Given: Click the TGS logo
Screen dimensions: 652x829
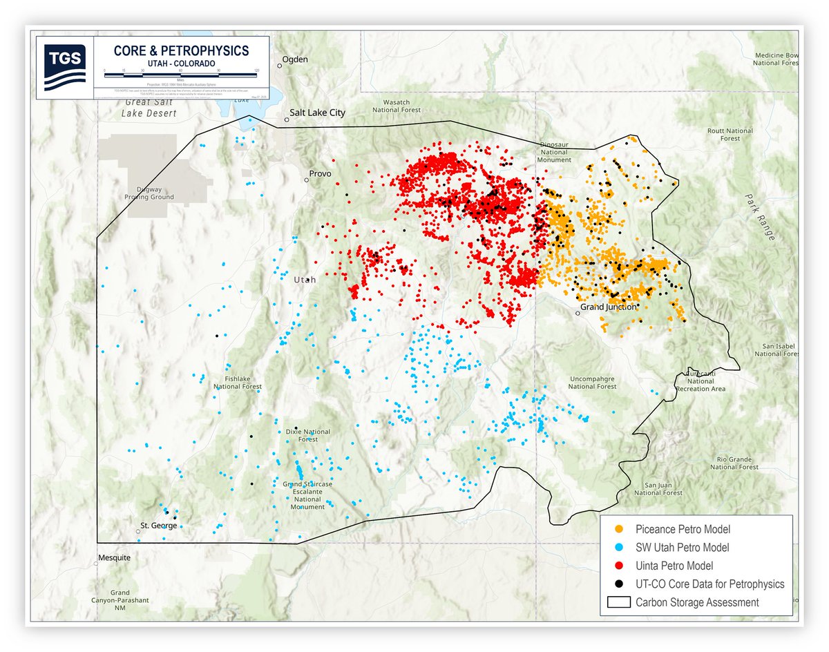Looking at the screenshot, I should click(64, 67).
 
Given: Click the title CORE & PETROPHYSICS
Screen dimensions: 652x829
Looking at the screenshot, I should click(180, 51).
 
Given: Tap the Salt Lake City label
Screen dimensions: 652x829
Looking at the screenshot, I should click(317, 113).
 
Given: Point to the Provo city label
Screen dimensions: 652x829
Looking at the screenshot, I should click(321, 173).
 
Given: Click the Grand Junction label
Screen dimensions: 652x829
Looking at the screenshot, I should click(608, 307).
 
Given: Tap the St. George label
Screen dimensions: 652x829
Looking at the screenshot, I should click(158, 526).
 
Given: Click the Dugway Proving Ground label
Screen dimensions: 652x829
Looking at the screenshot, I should click(149, 193).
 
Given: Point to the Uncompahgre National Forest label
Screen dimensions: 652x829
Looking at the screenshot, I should click(592, 383).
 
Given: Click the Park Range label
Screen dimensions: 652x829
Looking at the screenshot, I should click(759, 215).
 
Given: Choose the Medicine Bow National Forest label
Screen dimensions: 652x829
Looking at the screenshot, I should click(776, 59).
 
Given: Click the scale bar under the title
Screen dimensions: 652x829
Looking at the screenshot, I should click(180, 72).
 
